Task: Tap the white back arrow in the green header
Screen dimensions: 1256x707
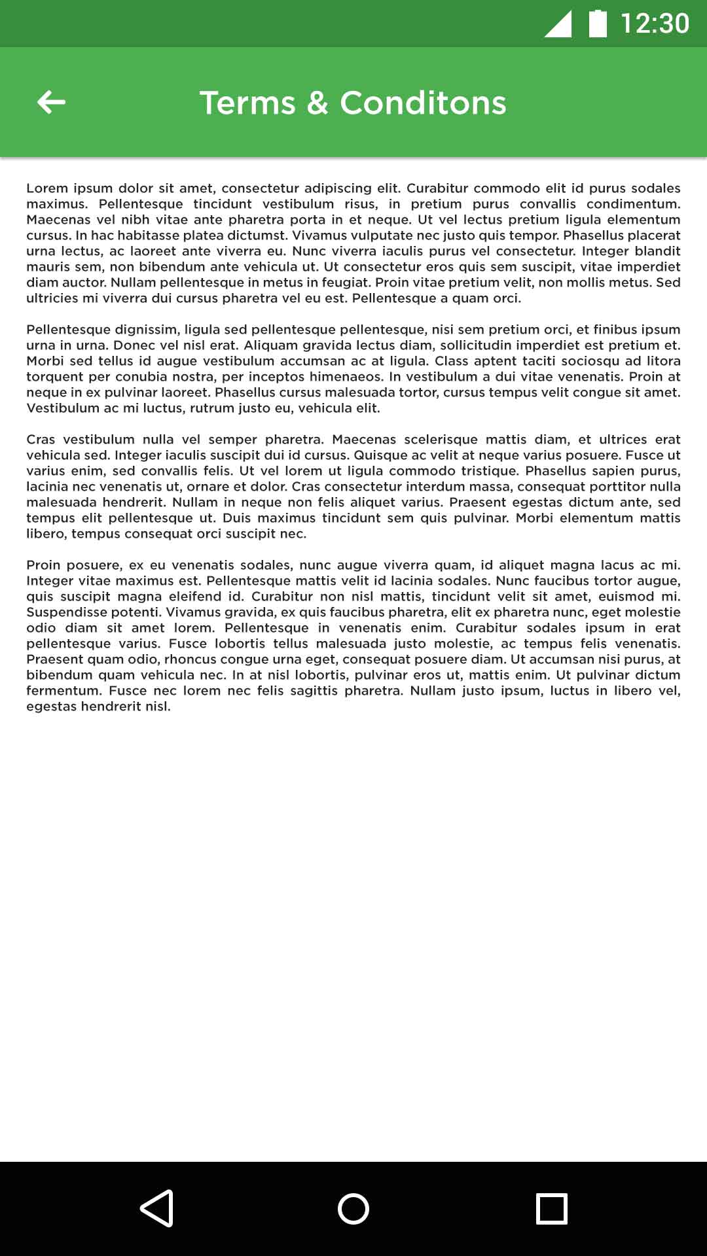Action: [51, 102]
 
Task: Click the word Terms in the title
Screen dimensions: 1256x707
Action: [247, 103]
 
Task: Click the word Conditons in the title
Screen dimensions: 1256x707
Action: [423, 103]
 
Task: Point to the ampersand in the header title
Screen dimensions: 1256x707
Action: [317, 103]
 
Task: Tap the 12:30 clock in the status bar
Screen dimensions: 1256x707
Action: [655, 24]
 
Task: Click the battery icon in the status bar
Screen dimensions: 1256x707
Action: [598, 24]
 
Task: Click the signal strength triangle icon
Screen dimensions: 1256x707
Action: [558, 24]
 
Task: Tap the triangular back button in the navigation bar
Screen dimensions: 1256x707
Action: [157, 1208]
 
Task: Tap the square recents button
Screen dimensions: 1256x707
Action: [551, 1208]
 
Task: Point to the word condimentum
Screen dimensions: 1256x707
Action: [633, 204]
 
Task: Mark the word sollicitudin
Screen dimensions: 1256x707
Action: [488, 345]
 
